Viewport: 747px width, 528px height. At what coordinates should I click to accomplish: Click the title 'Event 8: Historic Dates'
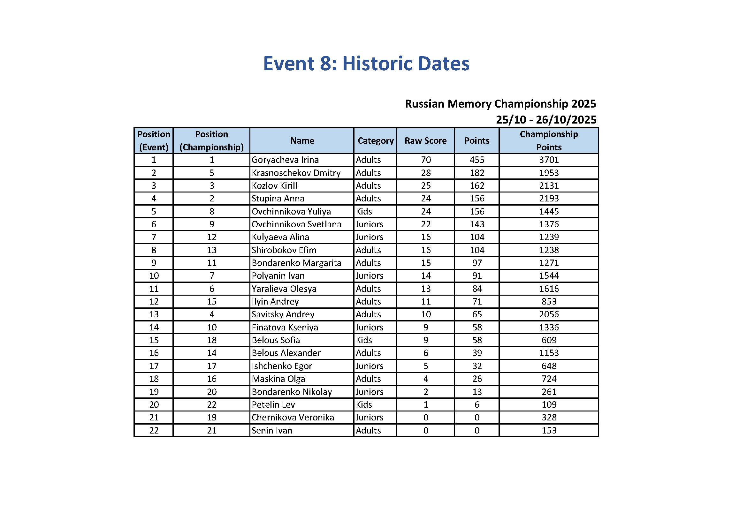pos(366,64)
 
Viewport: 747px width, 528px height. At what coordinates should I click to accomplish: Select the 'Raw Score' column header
pos(425,140)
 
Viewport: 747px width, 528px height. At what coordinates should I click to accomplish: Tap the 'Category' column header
pos(375,140)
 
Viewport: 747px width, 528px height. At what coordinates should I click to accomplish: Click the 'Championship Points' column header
pos(549,140)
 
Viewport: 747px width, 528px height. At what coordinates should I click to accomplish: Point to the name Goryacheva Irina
pos(285,160)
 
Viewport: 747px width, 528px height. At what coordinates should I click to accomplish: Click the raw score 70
pos(425,160)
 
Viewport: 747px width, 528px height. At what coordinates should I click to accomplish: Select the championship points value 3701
pos(549,160)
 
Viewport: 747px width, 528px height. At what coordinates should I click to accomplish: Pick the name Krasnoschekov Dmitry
pos(296,173)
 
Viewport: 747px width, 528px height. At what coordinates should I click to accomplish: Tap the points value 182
pos(477,173)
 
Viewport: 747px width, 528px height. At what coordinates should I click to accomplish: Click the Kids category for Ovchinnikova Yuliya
pos(364,211)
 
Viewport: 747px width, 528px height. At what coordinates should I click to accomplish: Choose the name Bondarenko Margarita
pos(296,263)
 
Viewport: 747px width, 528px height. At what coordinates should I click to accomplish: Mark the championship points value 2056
pos(549,314)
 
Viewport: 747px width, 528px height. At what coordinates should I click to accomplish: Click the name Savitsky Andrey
pos(283,314)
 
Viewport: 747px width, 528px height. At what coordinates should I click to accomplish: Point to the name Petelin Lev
pos(273,404)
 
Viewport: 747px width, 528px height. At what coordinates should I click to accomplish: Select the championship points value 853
pos(549,301)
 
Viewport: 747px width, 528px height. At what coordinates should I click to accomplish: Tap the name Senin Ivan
pos(272,430)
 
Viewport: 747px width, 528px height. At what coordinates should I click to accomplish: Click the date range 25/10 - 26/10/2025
pos(546,120)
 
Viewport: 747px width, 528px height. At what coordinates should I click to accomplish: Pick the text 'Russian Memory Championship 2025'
pos(500,104)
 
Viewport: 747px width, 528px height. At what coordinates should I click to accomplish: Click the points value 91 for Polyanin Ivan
pos(477,276)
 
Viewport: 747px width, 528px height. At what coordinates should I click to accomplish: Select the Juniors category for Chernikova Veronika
pos(369,417)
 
